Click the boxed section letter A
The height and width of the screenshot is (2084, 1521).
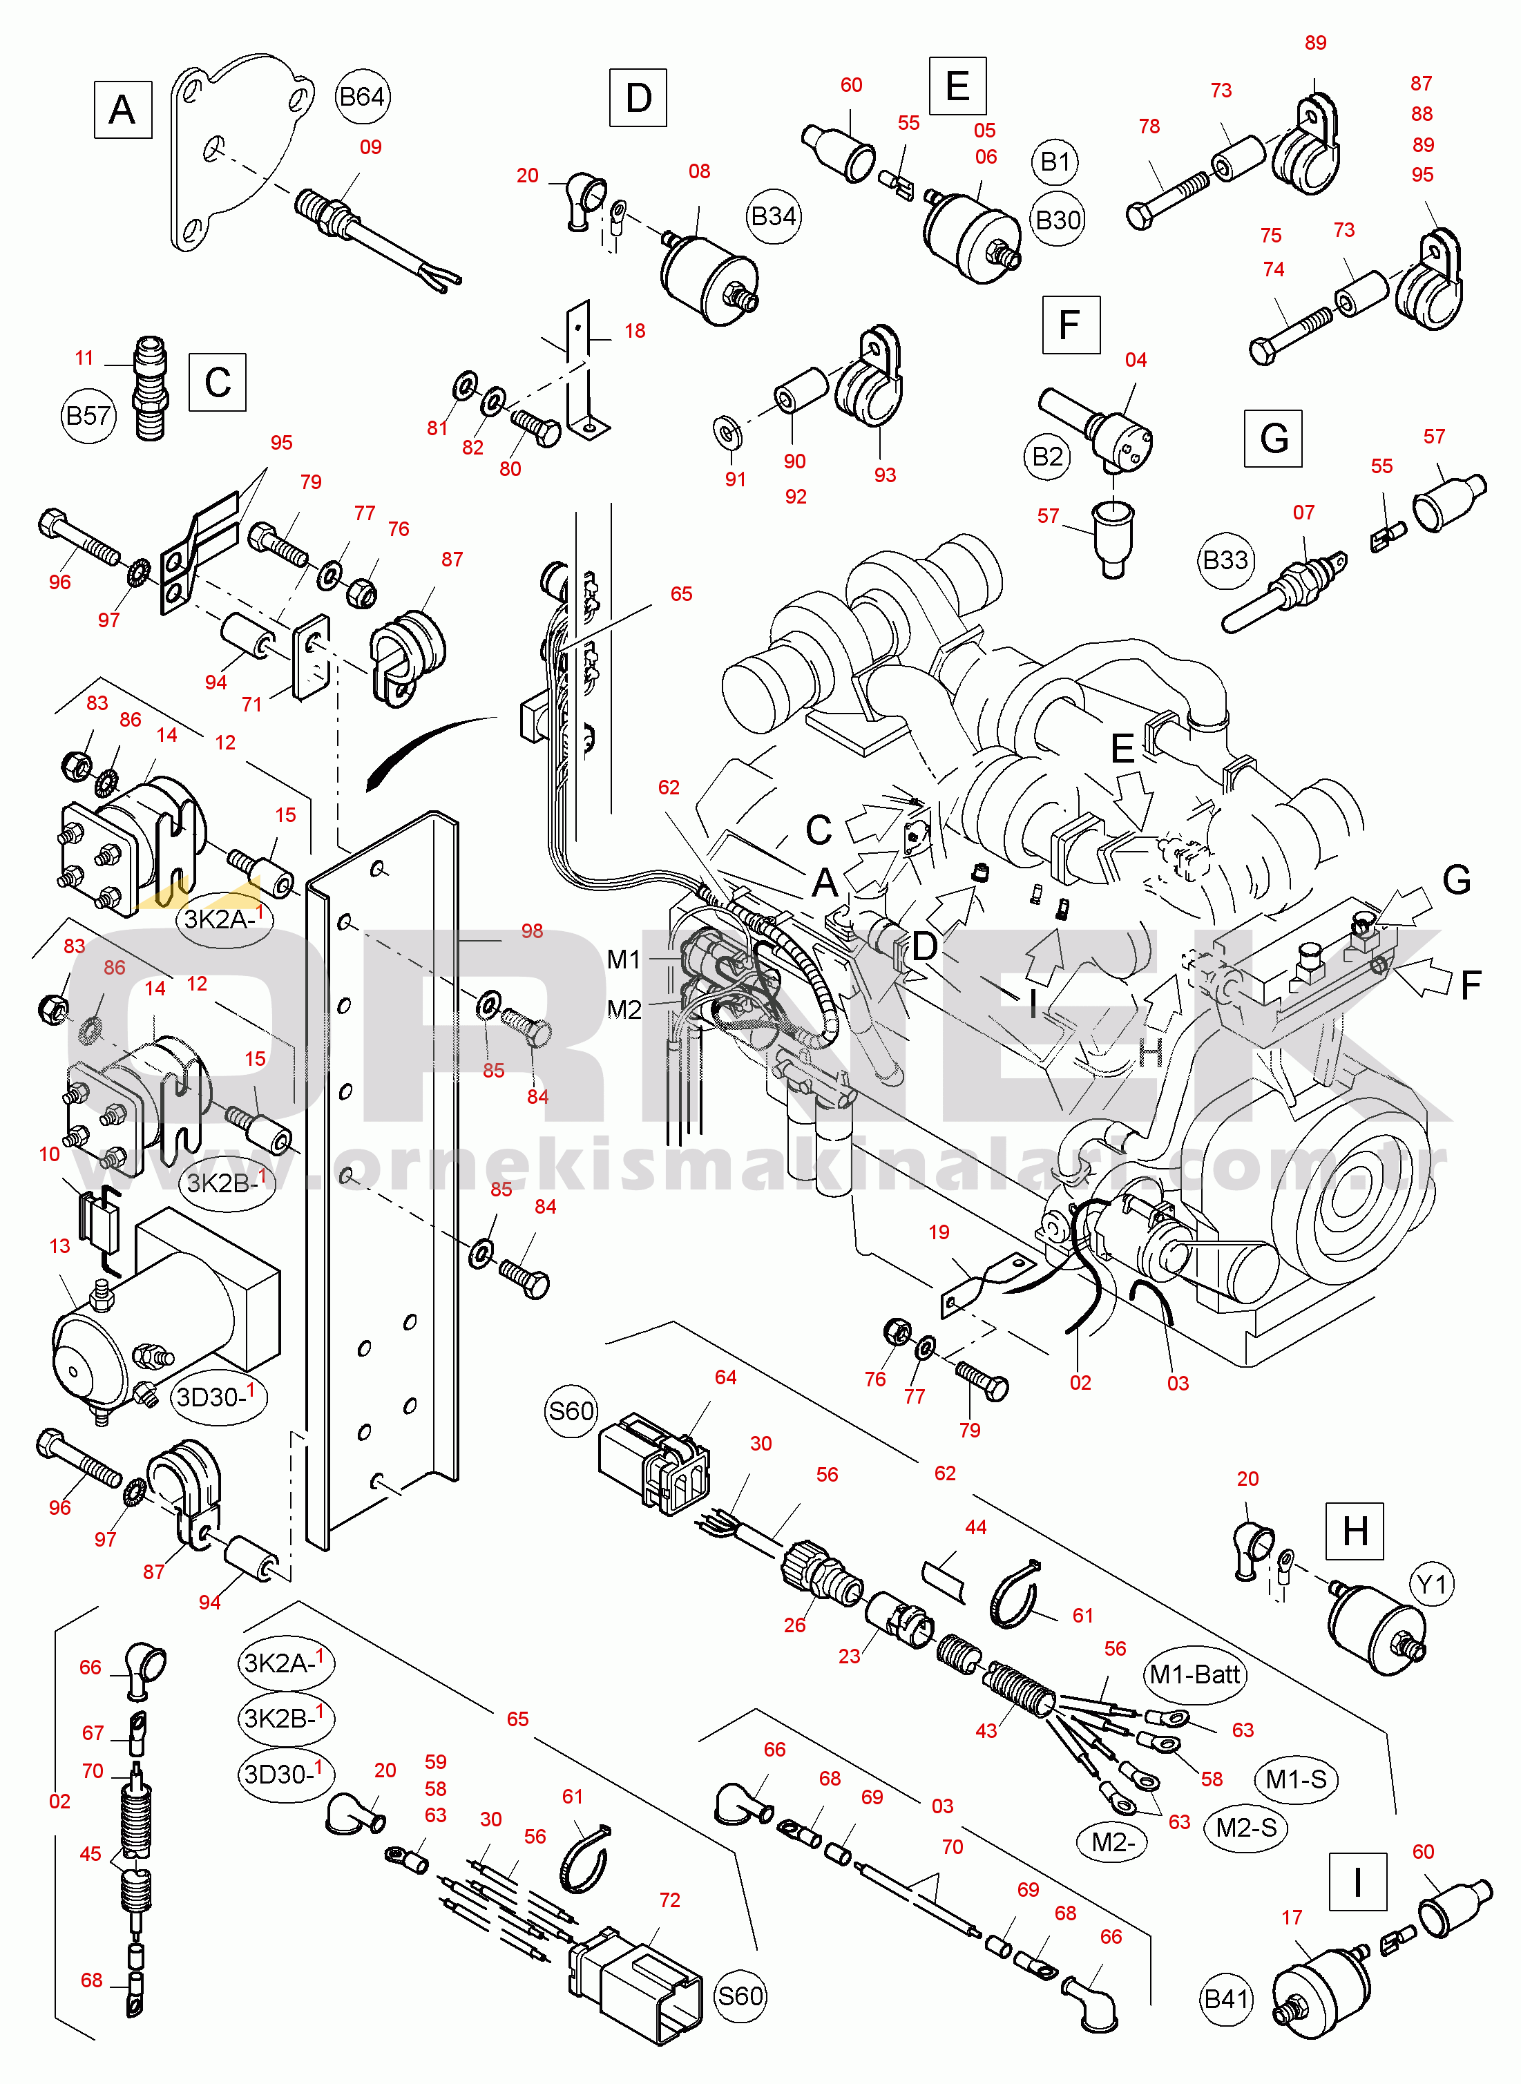point(122,110)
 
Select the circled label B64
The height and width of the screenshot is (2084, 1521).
point(361,97)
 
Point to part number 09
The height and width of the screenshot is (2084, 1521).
point(370,147)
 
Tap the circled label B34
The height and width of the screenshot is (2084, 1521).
point(774,216)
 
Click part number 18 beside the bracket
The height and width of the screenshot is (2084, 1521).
point(634,330)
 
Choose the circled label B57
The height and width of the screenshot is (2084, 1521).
point(88,416)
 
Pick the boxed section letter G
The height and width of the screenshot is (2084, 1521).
point(1273,438)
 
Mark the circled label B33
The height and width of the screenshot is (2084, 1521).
point(1225,560)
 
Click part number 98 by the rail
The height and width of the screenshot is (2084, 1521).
point(532,930)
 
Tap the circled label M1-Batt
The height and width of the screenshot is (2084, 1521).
point(1195,1674)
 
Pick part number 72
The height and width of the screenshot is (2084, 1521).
point(669,1900)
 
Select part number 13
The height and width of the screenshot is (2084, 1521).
point(60,1246)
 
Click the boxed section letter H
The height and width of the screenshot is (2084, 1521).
point(1355,1531)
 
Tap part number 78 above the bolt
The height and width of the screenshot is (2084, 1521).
point(1149,127)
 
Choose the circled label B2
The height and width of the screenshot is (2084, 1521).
point(1048,457)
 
